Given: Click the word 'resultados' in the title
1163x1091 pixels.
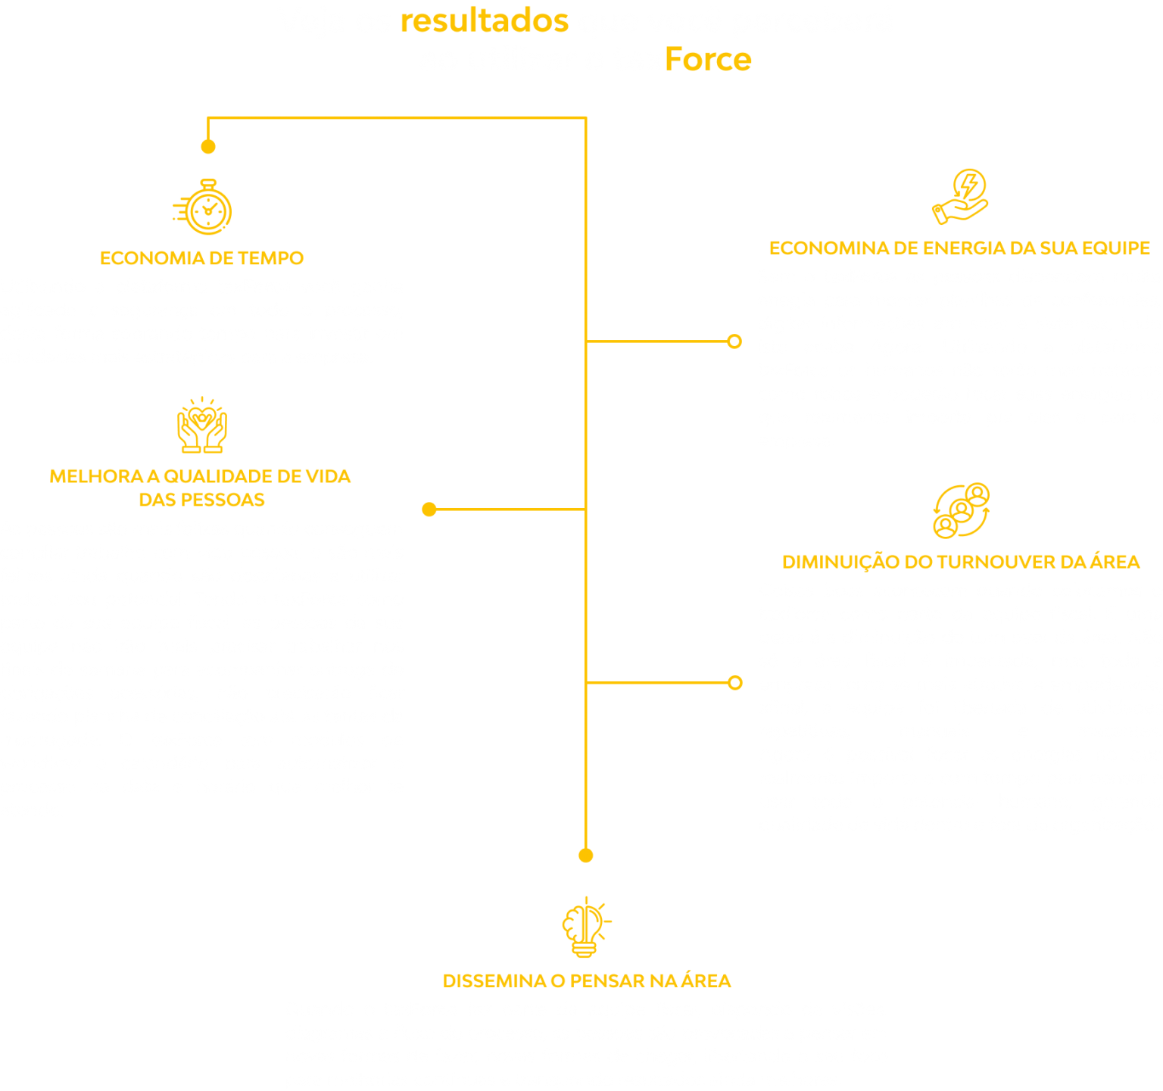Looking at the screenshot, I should [x=484, y=21].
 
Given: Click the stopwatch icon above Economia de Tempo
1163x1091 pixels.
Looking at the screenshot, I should [x=204, y=207].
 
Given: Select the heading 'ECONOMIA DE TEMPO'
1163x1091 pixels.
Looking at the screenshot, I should [x=201, y=258].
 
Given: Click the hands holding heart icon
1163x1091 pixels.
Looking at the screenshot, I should [x=201, y=425].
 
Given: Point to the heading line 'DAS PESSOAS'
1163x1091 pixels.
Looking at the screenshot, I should [x=201, y=500].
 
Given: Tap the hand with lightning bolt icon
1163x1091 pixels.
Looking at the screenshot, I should [x=960, y=197].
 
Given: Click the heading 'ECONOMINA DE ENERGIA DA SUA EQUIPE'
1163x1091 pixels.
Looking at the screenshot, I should [x=959, y=248].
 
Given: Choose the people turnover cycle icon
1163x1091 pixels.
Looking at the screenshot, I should [x=961, y=510].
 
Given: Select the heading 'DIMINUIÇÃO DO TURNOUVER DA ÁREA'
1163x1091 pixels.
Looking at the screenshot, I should [x=961, y=562].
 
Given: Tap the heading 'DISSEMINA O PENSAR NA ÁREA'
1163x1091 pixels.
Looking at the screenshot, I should [x=587, y=981].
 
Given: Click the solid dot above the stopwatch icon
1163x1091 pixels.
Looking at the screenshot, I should [x=208, y=146].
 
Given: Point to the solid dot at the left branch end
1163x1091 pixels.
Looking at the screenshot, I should [x=429, y=510].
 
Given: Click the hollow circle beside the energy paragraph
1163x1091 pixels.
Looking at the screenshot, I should [x=734, y=341].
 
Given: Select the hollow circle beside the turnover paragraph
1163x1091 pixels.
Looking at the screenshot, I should [x=734, y=683].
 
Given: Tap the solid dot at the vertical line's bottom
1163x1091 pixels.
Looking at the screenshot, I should [x=585, y=856].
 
